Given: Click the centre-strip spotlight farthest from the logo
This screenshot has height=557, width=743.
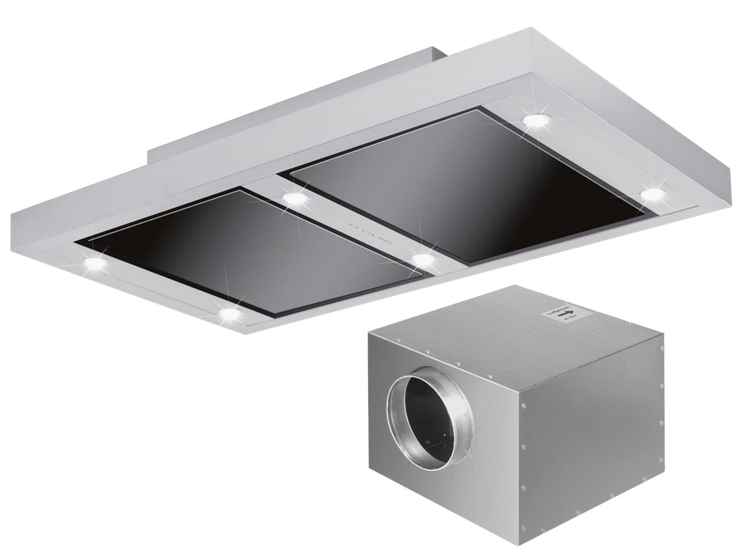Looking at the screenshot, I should pos(295,199).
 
